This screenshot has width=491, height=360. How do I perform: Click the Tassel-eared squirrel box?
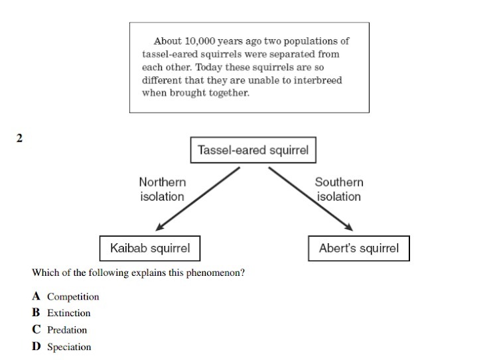(253, 150)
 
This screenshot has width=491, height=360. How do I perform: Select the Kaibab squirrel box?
(149, 249)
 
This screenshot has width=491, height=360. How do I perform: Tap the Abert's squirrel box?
(358, 249)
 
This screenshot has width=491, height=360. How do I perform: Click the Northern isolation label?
(162, 189)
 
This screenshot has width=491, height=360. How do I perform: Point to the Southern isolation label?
(338, 189)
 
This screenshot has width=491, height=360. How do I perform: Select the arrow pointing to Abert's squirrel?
(310, 198)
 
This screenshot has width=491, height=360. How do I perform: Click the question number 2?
(20, 139)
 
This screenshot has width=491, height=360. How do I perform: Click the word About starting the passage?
(166, 41)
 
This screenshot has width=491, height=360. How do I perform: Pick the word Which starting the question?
(44, 272)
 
